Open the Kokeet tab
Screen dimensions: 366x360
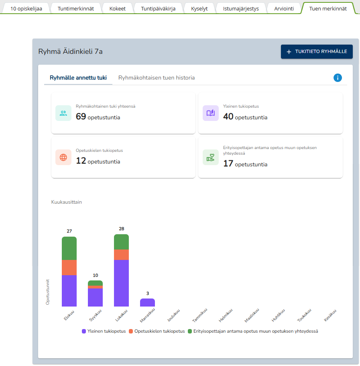tap(117, 8)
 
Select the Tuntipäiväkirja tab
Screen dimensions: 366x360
tap(158, 8)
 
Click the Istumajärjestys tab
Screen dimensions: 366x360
tap(241, 8)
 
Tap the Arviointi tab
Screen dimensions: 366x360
tap(284, 8)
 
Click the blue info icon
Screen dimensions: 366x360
tap(338, 78)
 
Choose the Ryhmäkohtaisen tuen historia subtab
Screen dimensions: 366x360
tap(157, 78)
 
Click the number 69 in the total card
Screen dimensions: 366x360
tap(81, 117)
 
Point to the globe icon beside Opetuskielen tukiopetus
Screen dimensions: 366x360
tap(63, 157)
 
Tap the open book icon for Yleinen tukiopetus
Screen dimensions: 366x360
tap(211, 113)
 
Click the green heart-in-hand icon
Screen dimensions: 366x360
tap(211, 157)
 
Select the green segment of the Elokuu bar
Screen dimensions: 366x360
tap(69, 248)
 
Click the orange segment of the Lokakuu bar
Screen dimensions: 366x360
tap(121, 255)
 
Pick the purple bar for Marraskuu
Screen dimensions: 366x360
tap(147, 303)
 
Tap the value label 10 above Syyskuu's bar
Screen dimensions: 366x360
tap(96, 275)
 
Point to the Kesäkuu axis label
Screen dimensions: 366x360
tap(330, 315)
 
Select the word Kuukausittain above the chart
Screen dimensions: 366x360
tap(67, 202)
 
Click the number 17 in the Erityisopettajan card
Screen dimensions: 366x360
tap(228, 164)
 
